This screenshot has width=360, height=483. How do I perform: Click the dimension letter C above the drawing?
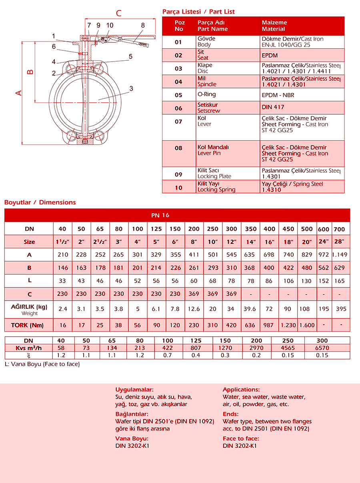(119, 13)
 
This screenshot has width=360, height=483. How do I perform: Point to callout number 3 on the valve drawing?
(131, 88)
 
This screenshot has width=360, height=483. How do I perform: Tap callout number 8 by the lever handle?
(143, 25)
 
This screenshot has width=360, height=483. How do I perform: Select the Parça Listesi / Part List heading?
(198, 12)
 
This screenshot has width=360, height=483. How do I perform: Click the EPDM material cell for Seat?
(270, 55)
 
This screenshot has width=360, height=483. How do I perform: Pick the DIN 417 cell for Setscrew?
(273, 107)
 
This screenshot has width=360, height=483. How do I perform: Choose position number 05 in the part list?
(178, 95)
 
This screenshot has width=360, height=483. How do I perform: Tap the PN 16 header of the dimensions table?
(160, 215)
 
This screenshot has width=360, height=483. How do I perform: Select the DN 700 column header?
(339, 229)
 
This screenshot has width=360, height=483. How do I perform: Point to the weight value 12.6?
(194, 309)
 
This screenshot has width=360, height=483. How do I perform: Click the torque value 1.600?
(307, 325)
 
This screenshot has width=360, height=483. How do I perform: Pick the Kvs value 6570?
(322, 348)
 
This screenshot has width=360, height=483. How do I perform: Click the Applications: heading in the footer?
(241, 389)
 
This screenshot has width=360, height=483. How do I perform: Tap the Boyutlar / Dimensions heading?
(40, 202)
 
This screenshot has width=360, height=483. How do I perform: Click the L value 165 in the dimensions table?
(339, 281)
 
